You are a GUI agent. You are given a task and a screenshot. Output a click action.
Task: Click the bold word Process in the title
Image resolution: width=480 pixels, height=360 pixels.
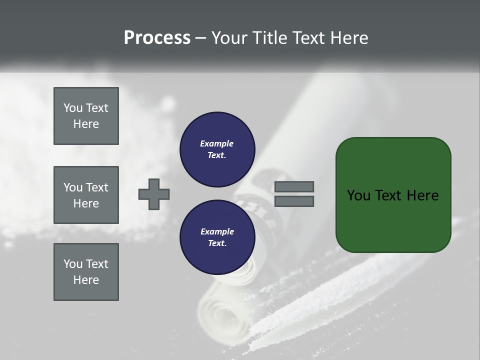tap(157, 38)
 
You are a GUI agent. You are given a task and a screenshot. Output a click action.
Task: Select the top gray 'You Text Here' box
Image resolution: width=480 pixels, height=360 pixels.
tap(86, 116)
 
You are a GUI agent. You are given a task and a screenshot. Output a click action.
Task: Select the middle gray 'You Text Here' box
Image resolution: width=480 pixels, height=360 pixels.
tap(86, 195)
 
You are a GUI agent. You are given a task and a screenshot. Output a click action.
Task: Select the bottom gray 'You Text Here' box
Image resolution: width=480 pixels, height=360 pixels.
tap(86, 272)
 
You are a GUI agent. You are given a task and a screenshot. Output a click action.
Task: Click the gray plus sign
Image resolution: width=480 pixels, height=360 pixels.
tap(154, 194)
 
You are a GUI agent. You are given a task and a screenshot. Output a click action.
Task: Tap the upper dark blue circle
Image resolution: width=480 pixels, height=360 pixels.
tap(217, 149)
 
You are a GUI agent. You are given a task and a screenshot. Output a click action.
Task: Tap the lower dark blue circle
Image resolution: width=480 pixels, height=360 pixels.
tap(217, 237)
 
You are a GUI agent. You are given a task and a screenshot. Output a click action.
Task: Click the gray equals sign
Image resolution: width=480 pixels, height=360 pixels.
tap(294, 194)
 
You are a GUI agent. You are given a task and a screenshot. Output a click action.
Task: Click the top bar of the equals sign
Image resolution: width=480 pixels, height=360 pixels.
tap(294, 187)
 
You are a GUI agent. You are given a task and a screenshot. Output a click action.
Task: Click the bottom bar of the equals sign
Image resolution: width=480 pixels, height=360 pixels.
tap(294, 201)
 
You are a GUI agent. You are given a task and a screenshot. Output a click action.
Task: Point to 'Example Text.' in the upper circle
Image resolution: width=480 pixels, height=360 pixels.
tap(217, 149)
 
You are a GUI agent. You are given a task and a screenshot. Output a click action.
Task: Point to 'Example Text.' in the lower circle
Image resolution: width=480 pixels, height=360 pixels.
tap(217, 237)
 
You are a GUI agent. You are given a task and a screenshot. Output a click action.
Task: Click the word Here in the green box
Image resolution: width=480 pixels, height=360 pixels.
tap(423, 195)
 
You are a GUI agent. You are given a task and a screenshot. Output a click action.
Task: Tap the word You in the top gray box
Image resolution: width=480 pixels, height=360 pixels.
tap(72, 108)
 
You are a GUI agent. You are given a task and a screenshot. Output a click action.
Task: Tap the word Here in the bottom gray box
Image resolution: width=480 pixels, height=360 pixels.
tap(86, 280)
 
